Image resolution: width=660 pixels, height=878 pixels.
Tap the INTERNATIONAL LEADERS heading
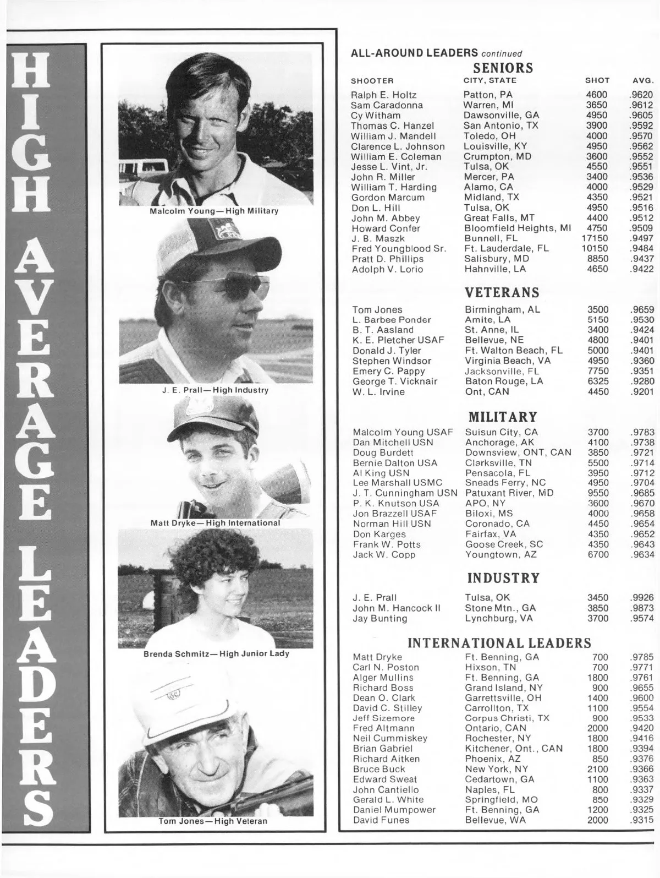pyautogui.click(x=499, y=643)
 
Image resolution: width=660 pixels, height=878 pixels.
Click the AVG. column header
pyautogui.click(x=642, y=81)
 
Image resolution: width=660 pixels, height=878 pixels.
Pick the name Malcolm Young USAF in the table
pyautogui.click(x=403, y=432)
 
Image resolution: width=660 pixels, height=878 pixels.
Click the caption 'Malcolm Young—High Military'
pyautogui.click(x=214, y=211)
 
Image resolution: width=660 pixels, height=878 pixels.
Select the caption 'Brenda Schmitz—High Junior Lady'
pyautogui.click(x=216, y=654)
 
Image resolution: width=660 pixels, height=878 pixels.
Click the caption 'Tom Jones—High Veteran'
pyautogui.click(x=213, y=821)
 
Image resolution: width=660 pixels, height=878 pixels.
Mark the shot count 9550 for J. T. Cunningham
pyautogui.click(x=598, y=493)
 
